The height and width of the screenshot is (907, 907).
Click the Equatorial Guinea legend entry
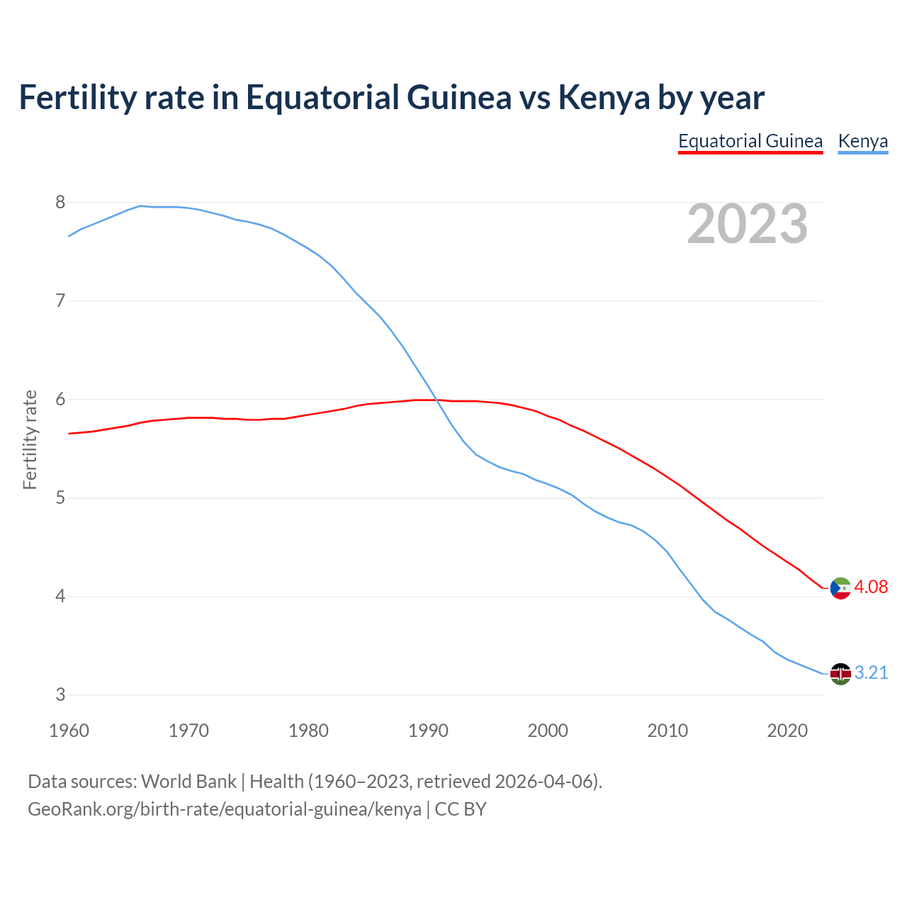click(750, 141)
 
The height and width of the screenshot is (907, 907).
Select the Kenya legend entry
click(862, 141)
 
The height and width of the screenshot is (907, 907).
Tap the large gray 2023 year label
click(748, 224)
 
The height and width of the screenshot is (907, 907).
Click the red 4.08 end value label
click(871, 587)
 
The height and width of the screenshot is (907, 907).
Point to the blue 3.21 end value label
click(871, 672)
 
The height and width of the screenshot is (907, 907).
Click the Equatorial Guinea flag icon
click(840, 588)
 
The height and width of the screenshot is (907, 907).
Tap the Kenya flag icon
click(840, 674)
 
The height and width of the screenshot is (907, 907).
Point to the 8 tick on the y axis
click(60, 203)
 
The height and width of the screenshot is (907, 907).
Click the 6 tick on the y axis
click(60, 400)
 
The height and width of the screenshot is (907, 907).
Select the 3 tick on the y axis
click(60, 695)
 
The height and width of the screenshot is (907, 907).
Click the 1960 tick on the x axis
click(69, 731)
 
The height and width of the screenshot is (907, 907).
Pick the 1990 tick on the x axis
click(428, 731)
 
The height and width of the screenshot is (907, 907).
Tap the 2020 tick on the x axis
click(787, 731)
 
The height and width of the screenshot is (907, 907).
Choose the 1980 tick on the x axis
click(308, 731)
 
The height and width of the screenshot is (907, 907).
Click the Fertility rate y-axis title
click(30, 439)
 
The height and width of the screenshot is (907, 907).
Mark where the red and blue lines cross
click(436, 400)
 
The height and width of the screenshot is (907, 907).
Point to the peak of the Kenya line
click(140, 205)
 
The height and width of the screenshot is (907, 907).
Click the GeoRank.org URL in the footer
click(225, 809)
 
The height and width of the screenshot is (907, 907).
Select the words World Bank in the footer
click(188, 782)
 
